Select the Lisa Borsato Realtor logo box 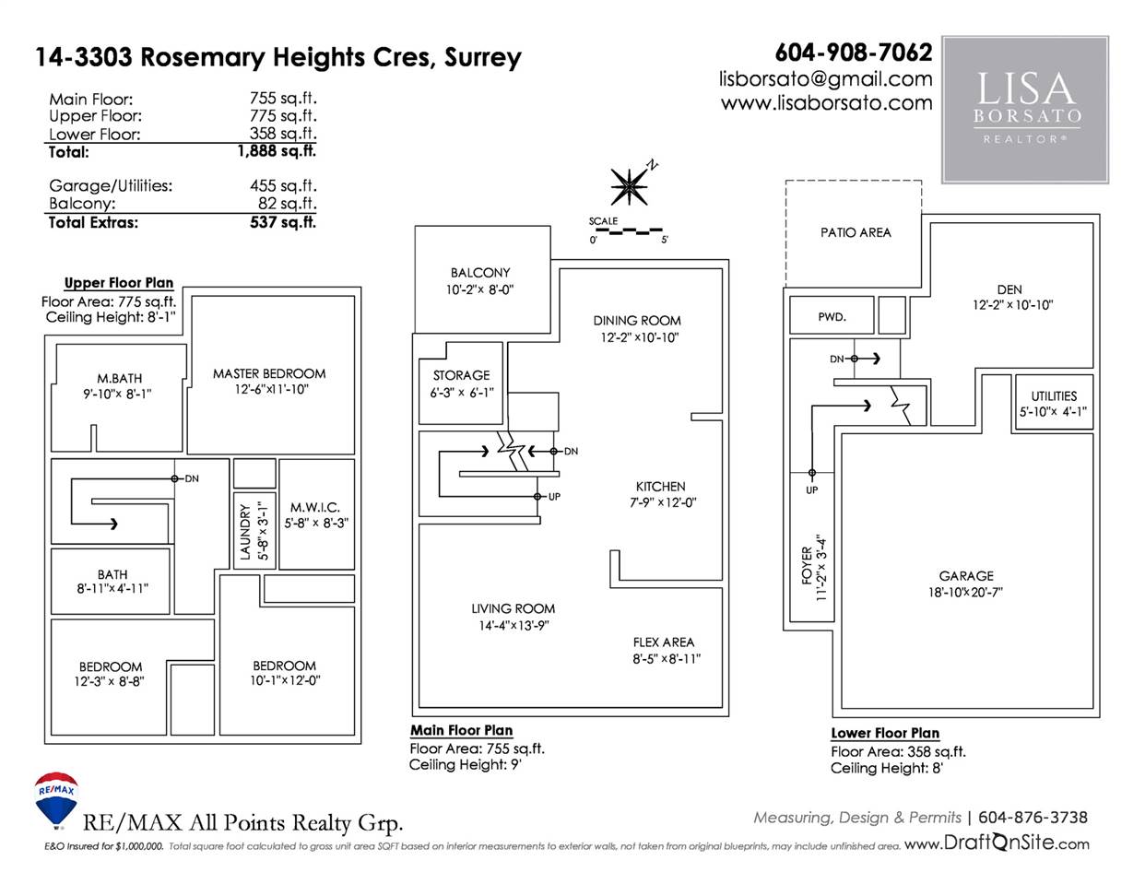tap(1025, 110)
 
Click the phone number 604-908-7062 tap(854, 53)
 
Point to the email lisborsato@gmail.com tap(826, 79)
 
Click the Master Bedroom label tap(269, 373)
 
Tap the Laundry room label tap(245, 531)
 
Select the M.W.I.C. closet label tap(315, 507)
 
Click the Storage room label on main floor tap(461, 375)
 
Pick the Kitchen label tap(660, 487)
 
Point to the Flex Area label tap(664, 642)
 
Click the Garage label tap(966, 576)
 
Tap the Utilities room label tap(1054, 395)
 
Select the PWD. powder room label tap(832, 316)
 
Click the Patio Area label tap(856, 232)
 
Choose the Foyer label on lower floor tap(807, 565)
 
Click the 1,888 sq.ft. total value tap(277, 151)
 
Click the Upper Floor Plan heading tap(119, 283)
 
